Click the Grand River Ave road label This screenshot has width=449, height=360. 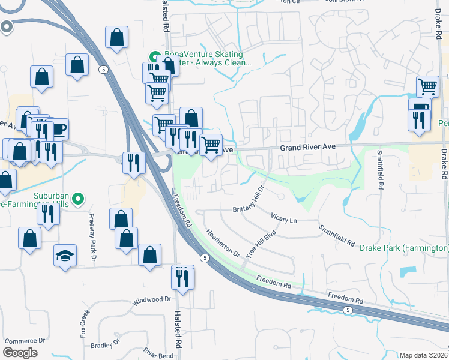point(307,146)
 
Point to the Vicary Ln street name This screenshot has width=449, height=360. point(284,220)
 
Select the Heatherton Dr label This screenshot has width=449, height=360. point(223,242)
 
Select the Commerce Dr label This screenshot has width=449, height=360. point(25,340)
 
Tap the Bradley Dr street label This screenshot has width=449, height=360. point(105,345)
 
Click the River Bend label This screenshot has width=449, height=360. point(158,355)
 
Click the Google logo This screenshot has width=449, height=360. point(20,353)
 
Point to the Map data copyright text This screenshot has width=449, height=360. point(424,355)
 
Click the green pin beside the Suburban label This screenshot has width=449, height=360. point(77,198)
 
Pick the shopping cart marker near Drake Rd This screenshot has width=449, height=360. point(427,86)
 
